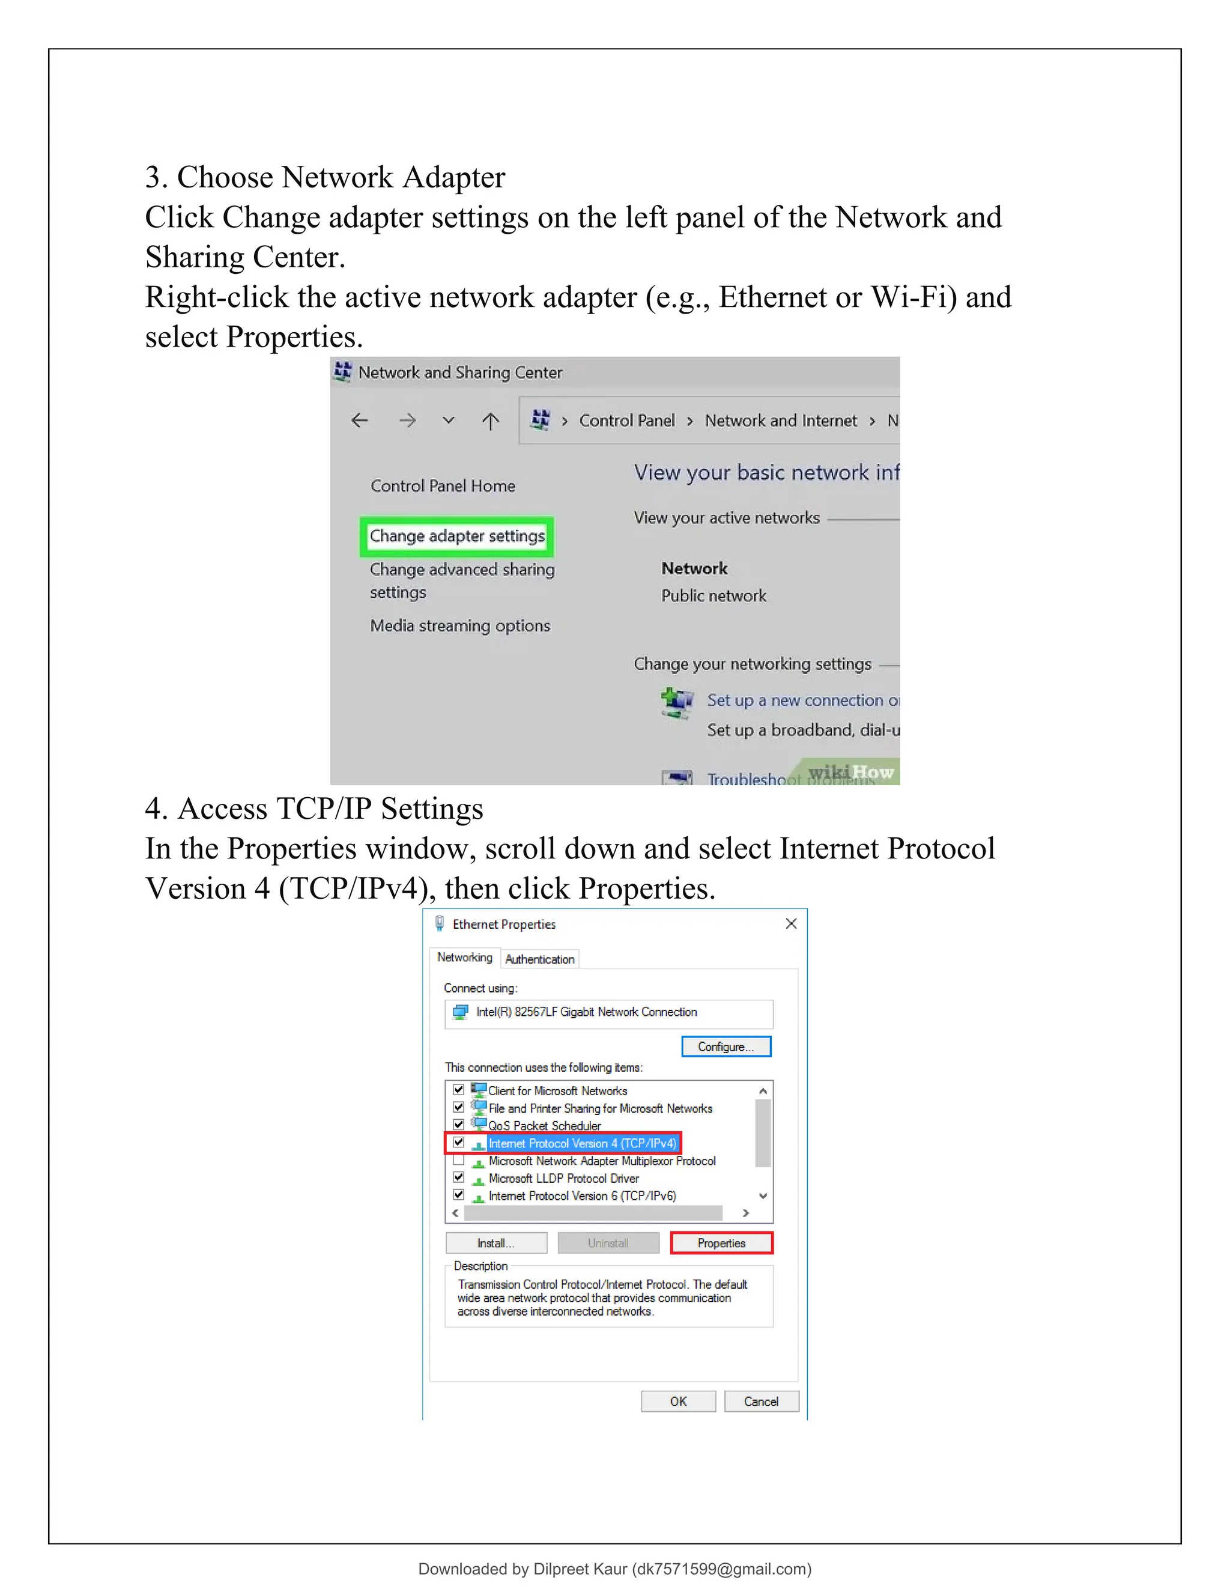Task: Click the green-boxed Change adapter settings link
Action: coord(457,536)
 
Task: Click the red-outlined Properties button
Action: coord(721,1243)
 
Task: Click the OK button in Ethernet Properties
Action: coord(677,1401)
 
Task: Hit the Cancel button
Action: coord(761,1401)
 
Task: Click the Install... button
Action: coord(495,1243)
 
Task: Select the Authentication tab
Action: coord(539,959)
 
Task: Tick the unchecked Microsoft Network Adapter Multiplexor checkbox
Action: coord(458,1159)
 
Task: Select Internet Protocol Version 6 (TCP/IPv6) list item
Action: coord(581,1196)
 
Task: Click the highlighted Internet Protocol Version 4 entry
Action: coord(581,1143)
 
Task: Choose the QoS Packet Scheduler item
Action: coord(544,1125)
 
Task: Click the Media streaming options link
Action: coord(460,625)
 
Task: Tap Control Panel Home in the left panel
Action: coord(442,485)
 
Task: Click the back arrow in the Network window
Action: coord(359,421)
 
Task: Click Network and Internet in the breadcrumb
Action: coord(780,421)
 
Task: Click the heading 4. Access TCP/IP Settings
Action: coord(314,809)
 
